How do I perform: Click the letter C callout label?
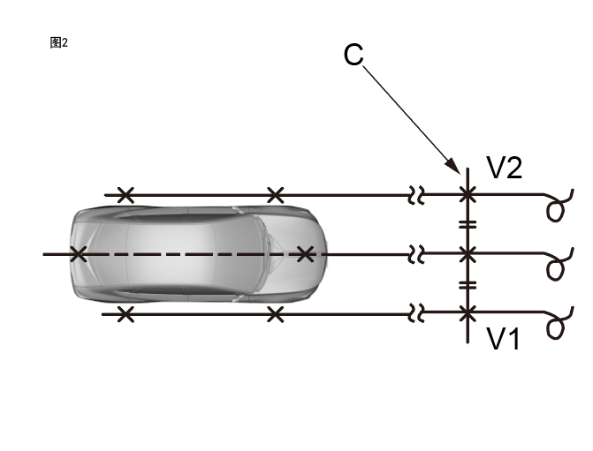pyautogui.click(x=354, y=55)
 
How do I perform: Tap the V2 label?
pyautogui.click(x=505, y=169)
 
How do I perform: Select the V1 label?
pyautogui.click(x=504, y=339)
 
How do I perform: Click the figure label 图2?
pyautogui.click(x=59, y=42)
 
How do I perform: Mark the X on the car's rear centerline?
pyautogui.click(x=78, y=254)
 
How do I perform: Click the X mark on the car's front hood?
pyautogui.click(x=305, y=254)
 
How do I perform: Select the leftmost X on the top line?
pyautogui.click(x=125, y=195)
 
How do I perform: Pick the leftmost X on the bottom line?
pyautogui.click(x=125, y=313)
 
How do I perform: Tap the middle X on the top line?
pyautogui.click(x=275, y=195)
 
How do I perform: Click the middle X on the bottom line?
pyautogui.click(x=275, y=313)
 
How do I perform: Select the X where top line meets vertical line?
pyautogui.click(x=468, y=195)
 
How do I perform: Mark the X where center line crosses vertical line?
pyautogui.click(x=468, y=254)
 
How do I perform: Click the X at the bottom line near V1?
pyautogui.click(x=468, y=313)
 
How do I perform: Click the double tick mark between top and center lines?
pyautogui.click(x=468, y=225)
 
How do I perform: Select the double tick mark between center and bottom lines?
pyautogui.click(x=468, y=284)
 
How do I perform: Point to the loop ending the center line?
pyautogui.click(x=556, y=267)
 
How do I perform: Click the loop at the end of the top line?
pyautogui.click(x=557, y=209)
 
